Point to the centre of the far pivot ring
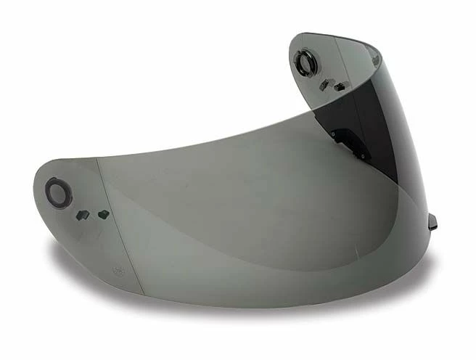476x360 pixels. [x=305, y=62]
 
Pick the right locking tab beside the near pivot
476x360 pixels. [x=104, y=213]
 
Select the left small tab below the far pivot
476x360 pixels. [x=324, y=85]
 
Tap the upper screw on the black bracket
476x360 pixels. [x=333, y=134]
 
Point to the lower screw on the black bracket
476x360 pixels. [x=361, y=155]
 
